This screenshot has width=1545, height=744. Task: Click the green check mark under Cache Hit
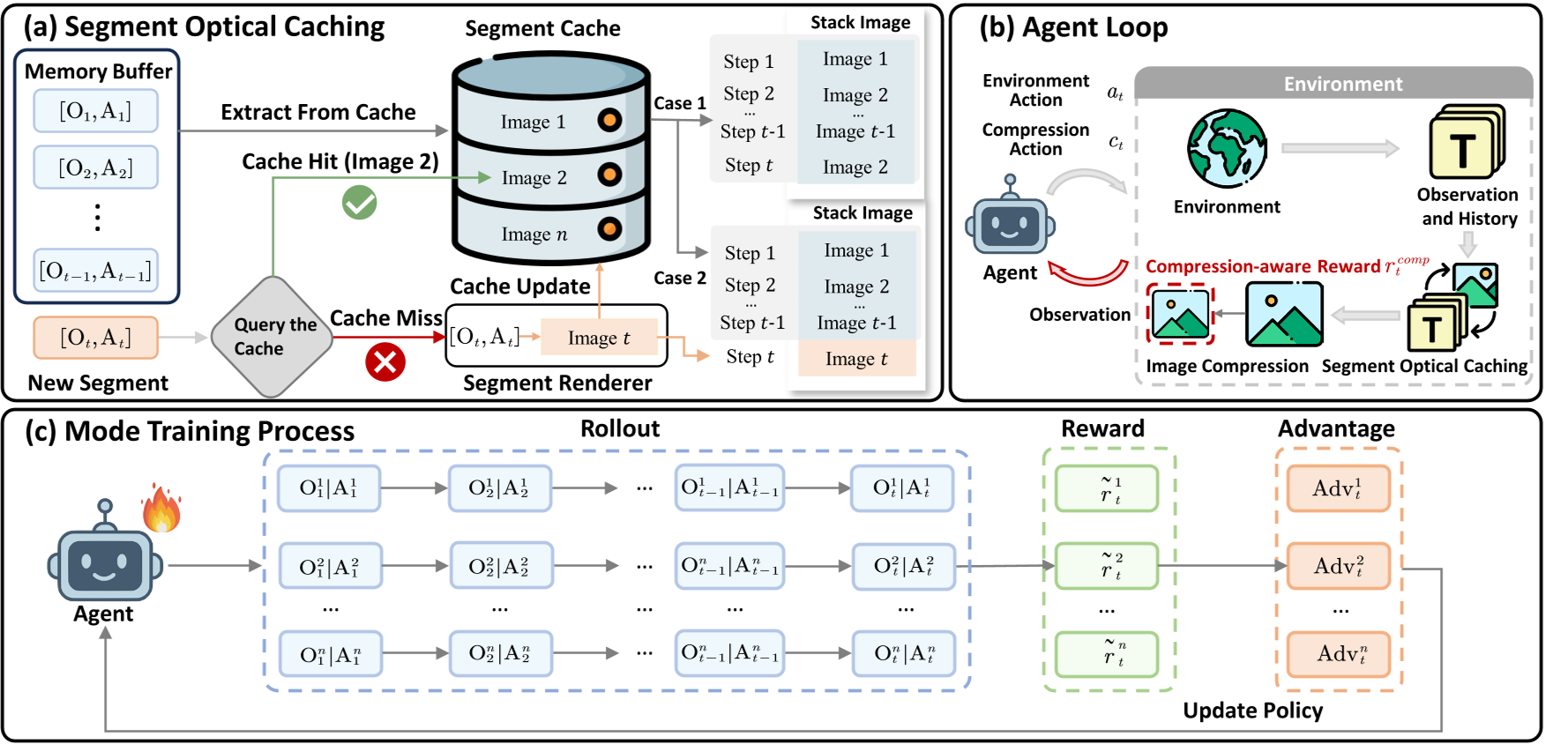[x=359, y=203]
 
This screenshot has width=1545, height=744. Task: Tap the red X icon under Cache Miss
[x=385, y=361]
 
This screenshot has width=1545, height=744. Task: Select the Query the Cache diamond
[x=272, y=337]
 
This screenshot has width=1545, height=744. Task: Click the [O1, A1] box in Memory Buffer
[x=95, y=111]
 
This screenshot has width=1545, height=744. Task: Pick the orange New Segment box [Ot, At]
[x=95, y=338]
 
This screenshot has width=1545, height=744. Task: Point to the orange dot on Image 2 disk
[x=608, y=175]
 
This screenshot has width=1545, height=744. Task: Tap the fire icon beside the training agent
[x=161, y=509]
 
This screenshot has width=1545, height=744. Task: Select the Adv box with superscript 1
[x=1338, y=488]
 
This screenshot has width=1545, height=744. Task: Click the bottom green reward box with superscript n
[x=1107, y=654]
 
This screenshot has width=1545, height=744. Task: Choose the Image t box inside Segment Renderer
[x=599, y=338]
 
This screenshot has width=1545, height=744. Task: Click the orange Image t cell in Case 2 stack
[x=856, y=359]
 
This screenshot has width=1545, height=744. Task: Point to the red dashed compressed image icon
[x=1180, y=314]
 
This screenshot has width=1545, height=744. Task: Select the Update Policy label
[x=1252, y=711]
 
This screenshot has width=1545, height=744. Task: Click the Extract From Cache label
[x=317, y=112]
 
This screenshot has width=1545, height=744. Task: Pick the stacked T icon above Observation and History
[x=1466, y=143]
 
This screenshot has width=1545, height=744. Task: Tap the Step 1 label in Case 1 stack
[x=748, y=62]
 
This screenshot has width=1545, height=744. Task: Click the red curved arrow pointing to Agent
[x=1087, y=274]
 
